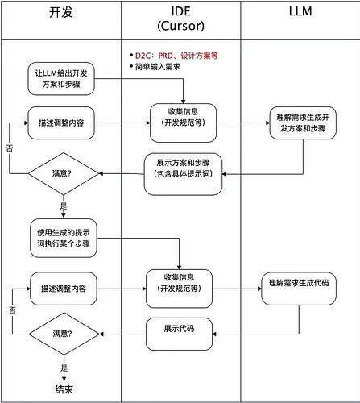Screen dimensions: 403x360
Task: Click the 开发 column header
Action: click(x=61, y=14)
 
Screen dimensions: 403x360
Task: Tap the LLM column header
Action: click(x=300, y=14)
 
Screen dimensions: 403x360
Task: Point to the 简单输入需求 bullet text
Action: click(x=161, y=66)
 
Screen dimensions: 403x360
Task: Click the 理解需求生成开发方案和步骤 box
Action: click(x=300, y=123)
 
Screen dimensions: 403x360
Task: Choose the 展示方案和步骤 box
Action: click(x=183, y=173)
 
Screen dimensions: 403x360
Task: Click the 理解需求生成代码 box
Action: click(x=300, y=285)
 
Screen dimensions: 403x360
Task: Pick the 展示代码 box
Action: click(x=182, y=330)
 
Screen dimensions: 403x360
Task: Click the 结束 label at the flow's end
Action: click(x=64, y=390)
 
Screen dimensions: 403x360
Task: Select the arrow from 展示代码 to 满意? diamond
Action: click(x=121, y=332)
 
